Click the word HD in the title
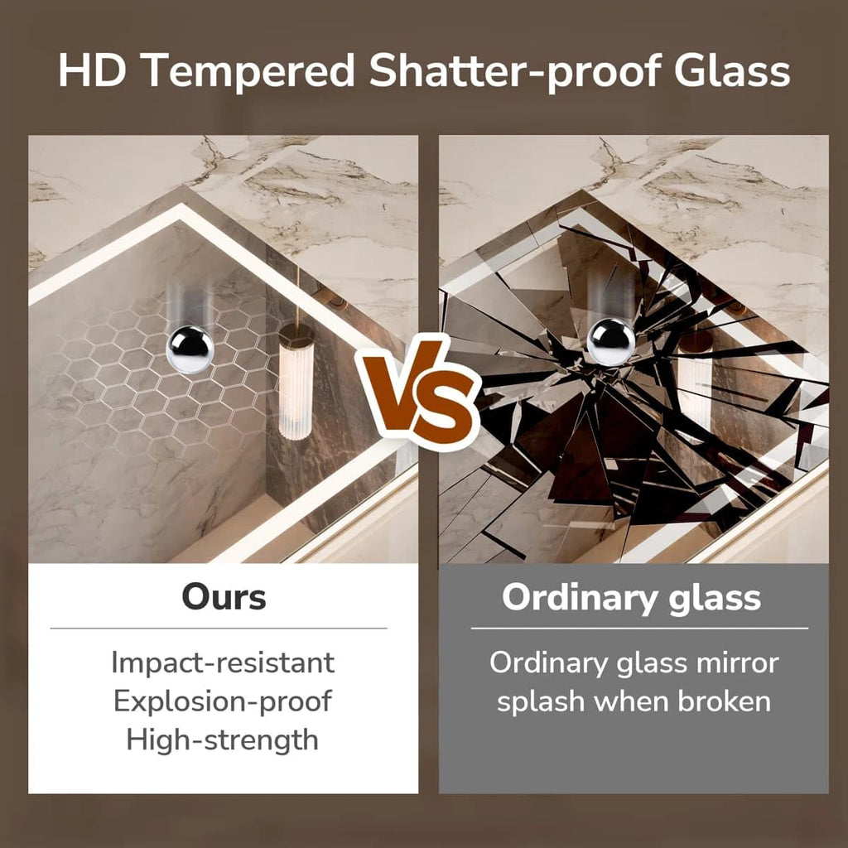[92, 70]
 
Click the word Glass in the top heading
[732, 70]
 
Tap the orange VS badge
[417, 393]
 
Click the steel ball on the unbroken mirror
[190, 349]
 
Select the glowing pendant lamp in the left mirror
[296, 380]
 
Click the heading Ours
[224, 597]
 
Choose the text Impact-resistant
[223, 663]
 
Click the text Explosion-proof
[223, 702]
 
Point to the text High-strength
[222, 740]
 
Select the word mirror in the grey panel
[738, 662]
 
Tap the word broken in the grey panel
[725, 701]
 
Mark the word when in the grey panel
[631, 701]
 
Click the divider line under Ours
[219, 629]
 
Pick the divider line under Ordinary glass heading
[639, 629]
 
